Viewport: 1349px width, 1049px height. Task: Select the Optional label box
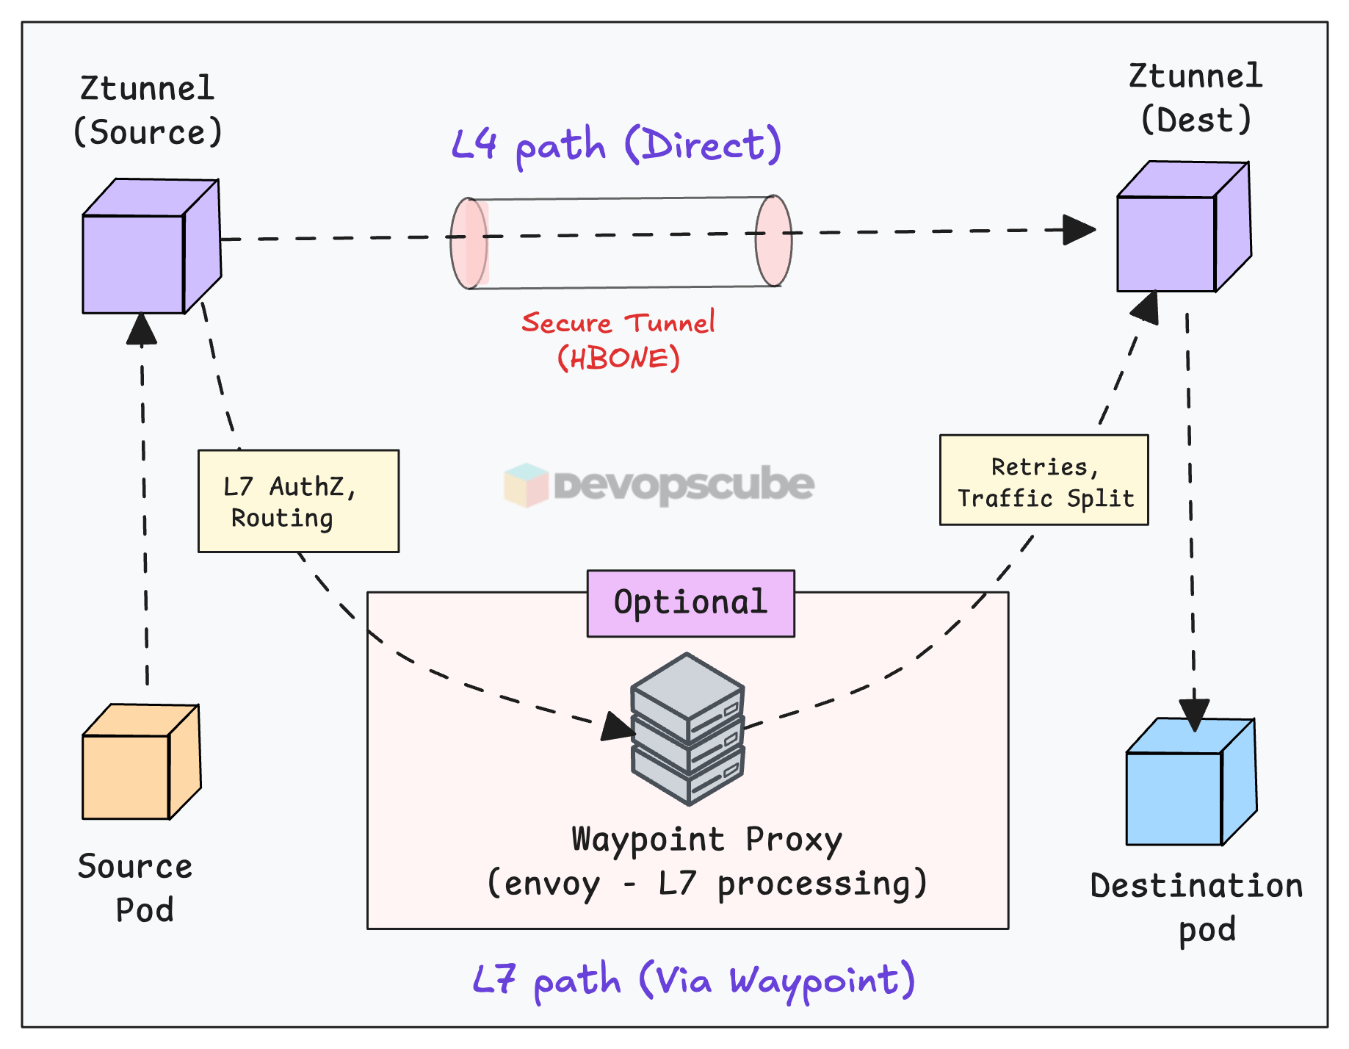690,603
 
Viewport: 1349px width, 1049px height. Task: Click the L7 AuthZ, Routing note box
298,501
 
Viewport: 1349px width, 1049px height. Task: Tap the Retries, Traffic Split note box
1044,480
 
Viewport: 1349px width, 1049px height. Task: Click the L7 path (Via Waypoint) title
693,980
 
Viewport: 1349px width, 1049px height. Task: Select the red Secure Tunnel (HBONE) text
618,340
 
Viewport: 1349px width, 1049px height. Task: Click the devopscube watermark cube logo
526,485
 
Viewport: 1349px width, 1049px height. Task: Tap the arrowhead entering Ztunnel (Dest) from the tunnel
1079,230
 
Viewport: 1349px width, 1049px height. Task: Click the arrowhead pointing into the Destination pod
1194,714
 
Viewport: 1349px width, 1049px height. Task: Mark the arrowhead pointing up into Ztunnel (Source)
141,328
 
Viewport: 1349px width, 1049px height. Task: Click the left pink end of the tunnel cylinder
469,243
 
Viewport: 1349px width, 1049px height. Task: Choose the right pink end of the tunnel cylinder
774,240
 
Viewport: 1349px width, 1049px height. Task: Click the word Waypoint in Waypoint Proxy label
648,840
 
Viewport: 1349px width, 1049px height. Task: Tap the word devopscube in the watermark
684,485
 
